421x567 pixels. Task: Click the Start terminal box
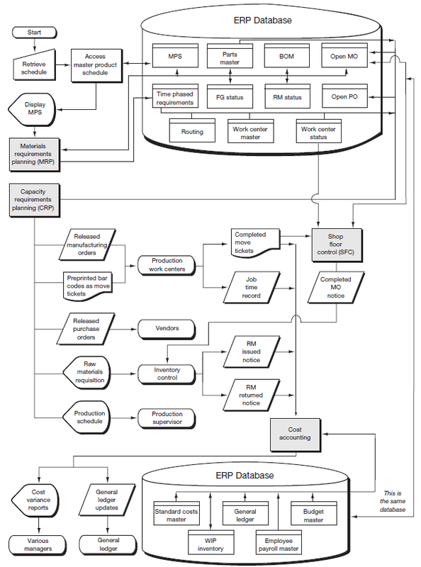point(34,33)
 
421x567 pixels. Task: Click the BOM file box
point(286,56)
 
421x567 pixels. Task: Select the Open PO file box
point(344,96)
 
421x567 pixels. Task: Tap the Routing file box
point(192,132)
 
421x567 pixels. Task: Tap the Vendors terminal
point(166,328)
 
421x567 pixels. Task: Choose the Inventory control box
point(167,374)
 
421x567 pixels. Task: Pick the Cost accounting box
point(295,433)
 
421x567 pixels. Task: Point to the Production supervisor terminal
point(167,418)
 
